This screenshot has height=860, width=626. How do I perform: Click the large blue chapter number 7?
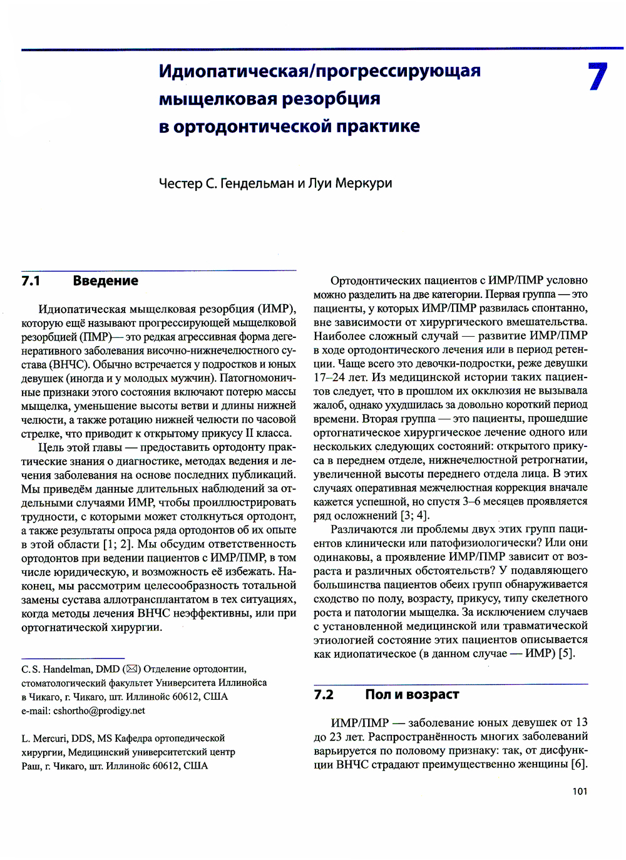pyautogui.click(x=597, y=77)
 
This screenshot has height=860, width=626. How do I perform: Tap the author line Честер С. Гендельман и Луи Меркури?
pyautogui.click(x=275, y=183)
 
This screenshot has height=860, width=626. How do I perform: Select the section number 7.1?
pyautogui.click(x=31, y=281)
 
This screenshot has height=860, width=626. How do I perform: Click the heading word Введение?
pyautogui.click(x=105, y=281)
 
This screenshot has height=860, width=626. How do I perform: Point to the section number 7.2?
pyautogui.click(x=324, y=695)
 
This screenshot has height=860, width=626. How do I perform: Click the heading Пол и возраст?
pyautogui.click(x=412, y=695)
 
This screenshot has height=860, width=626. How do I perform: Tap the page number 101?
pyautogui.click(x=580, y=792)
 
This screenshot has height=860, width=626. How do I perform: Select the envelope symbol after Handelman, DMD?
pyautogui.click(x=131, y=669)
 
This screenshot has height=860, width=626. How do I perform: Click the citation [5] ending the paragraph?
pyautogui.click(x=566, y=653)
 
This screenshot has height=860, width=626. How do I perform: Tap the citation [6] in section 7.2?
pyautogui.click(x=579, y=764)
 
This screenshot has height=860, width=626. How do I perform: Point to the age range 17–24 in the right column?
pyautogui.click(x=329, y=377)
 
